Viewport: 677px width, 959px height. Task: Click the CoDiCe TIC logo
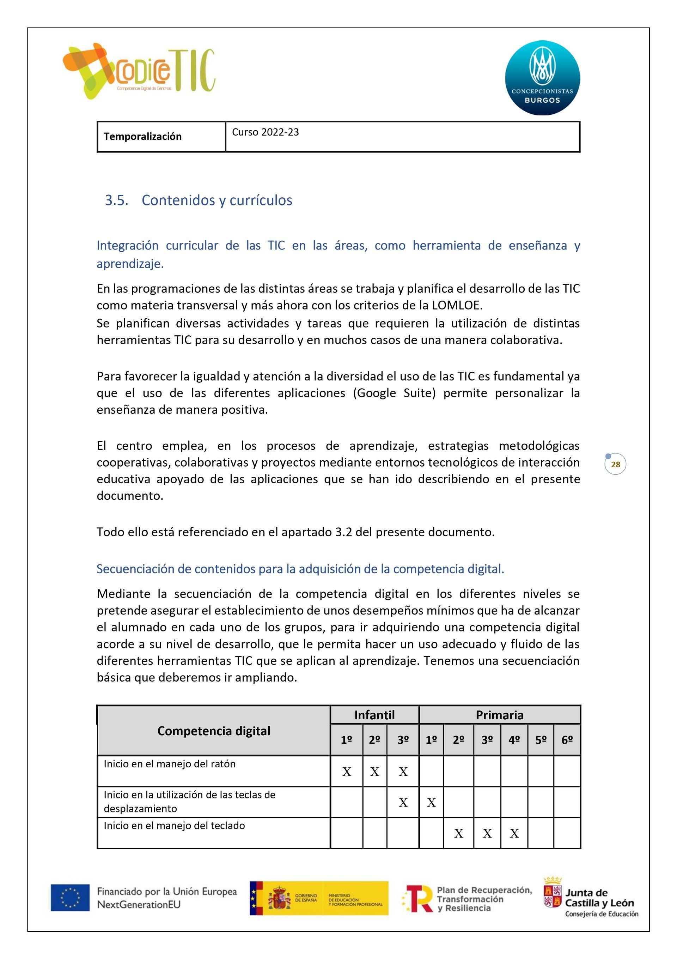click(x=139, y=71)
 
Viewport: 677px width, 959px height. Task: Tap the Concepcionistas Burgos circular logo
click(x=542, y=78)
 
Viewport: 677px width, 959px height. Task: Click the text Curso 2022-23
click(x=266, y=132)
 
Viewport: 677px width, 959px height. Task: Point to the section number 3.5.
click(x=116, y=200)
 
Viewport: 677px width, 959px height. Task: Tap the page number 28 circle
click(x=615, y=464)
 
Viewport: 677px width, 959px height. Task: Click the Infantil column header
click(x=374, y=715)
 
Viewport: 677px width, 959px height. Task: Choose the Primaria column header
click(x=500, y=715)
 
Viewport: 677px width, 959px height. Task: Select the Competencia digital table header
click(x=214, y=731)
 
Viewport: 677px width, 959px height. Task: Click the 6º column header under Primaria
click(x=567, y=740)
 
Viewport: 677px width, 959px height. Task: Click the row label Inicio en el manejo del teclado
click(x=174, y=826)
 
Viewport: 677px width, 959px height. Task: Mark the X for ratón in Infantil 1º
click(x=346, y=772)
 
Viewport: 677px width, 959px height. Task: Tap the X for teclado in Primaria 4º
click(x=514, y=834)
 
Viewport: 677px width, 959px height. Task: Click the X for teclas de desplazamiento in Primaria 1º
click(x=431, y=803)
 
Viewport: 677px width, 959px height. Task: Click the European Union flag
click(x=70, y=897)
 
